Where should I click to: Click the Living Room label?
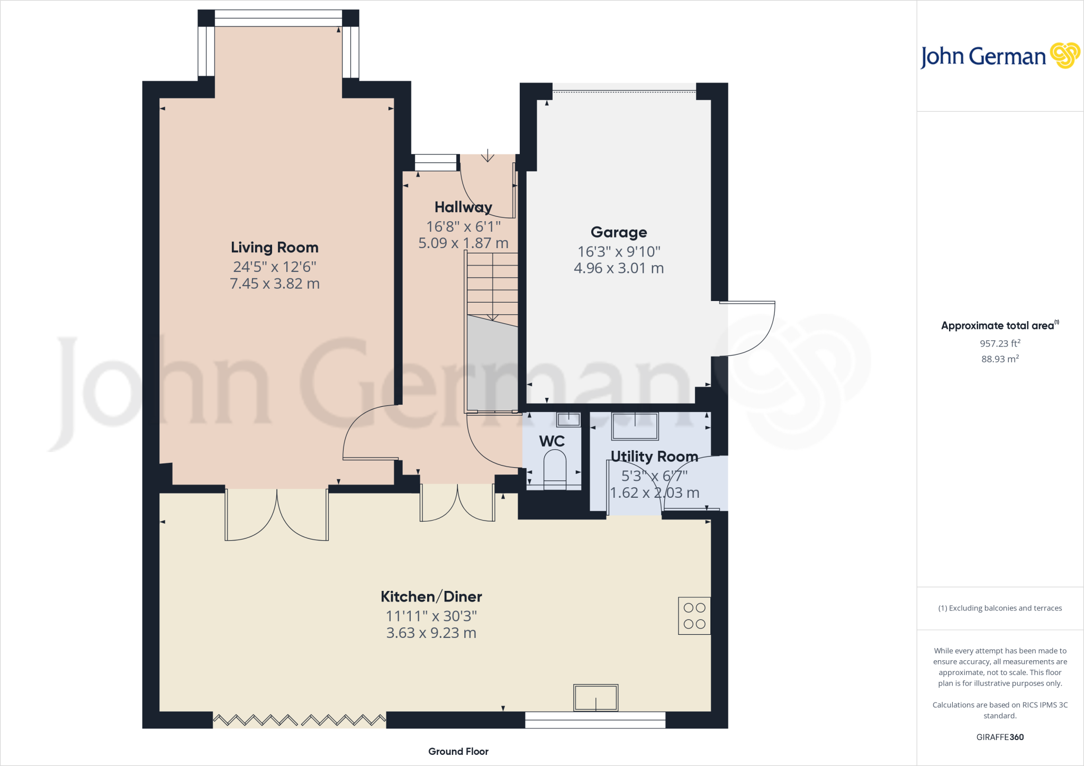coord(274,248)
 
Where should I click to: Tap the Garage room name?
coord(619,232)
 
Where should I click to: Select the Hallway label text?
coord(463,207)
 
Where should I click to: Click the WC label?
coord(552,441)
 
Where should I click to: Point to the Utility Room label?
coord(654,457)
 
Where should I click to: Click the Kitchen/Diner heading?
coord(431,597)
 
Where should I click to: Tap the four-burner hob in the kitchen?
coord(694,616)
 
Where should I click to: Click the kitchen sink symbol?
coord(595,698)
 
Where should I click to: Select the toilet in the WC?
coord(555,469)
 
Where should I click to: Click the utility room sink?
coord(635,426)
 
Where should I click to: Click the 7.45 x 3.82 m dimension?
coord(274,284)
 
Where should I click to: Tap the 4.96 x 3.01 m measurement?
coord(619,268)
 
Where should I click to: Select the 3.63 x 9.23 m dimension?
coord(431,633)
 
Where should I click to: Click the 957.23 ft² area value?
coord(999,343)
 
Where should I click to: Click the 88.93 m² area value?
coord(999,359)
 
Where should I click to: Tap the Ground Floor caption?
coord(458,751)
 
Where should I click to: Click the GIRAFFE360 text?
coord(999,737)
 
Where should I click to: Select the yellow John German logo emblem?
coord(1064,56)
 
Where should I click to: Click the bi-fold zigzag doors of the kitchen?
coord(300,720)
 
